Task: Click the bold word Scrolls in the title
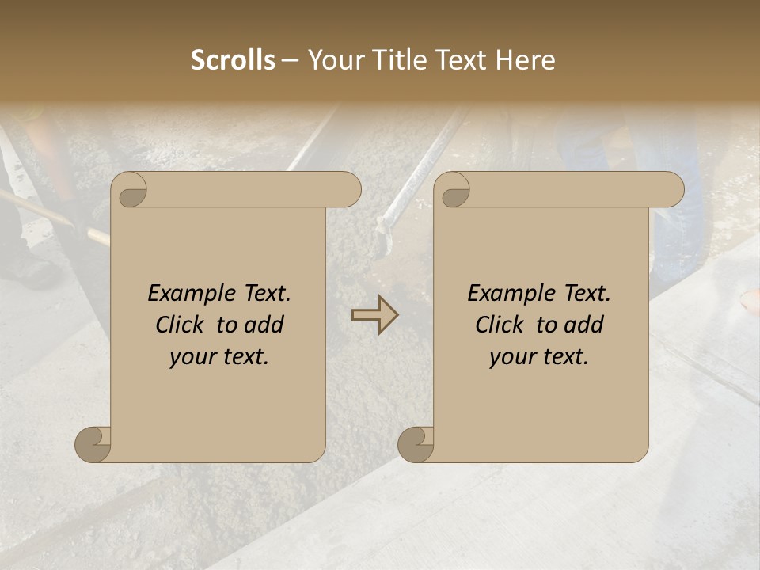tap(234, 60)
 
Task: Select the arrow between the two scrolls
tap(374, 315)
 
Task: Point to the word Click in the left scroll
tap(181, 325)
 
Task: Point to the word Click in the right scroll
tap(501, 325)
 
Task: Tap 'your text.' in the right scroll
tap(539, 356)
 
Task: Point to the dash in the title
tap(291, 60)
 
